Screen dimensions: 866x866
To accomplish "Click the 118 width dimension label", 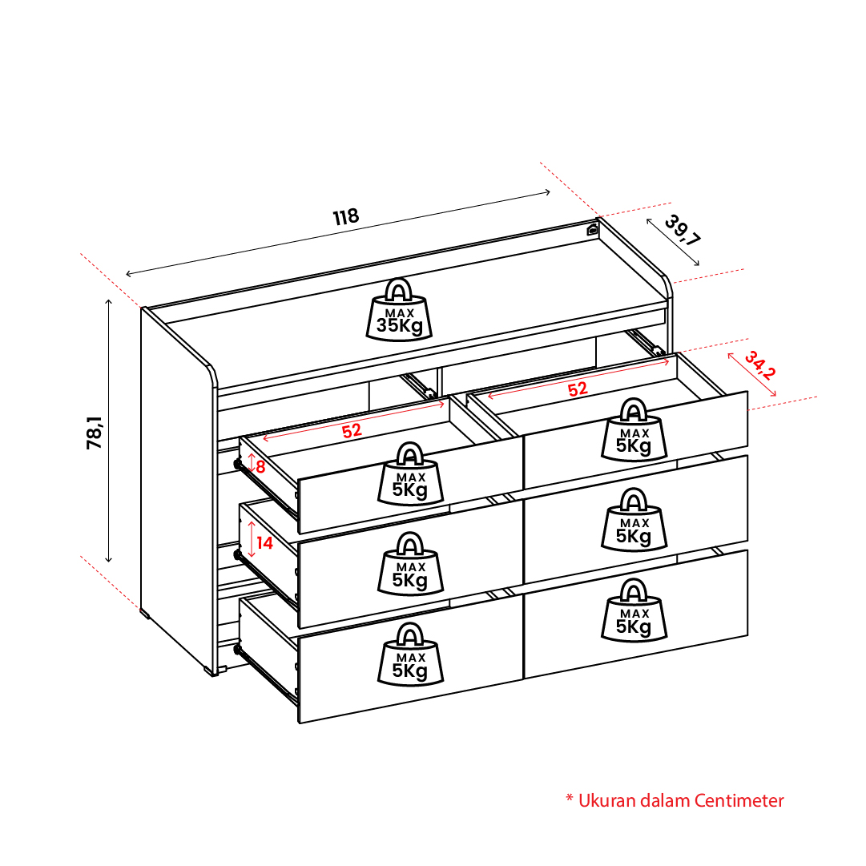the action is tap(346, 216).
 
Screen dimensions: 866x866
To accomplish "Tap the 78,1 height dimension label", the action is tap(95, 433).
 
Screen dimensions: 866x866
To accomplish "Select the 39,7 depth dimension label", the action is tap(682, 230).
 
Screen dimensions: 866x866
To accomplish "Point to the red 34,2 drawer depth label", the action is tap(760, 365).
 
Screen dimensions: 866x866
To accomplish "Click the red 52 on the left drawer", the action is tap(352, 431).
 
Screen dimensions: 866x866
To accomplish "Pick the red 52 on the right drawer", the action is tap(578, 389).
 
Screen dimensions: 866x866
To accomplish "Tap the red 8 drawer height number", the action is tap(260, 467).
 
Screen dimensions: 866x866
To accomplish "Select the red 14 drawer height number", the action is tap(264, 543).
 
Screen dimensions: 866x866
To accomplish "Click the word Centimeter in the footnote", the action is tap(739, 801).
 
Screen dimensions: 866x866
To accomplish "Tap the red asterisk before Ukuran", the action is tap(570, 798).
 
